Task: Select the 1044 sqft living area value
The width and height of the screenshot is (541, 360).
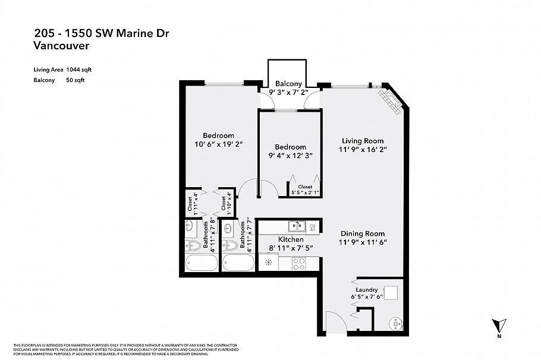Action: pos(79,70)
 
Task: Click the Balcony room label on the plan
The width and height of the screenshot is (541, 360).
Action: pos(288,84)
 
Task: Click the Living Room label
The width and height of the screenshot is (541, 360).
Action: pos(363,141)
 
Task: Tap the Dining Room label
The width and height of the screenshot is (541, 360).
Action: pos(363,233)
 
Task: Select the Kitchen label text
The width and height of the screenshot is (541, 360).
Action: pos(290,239)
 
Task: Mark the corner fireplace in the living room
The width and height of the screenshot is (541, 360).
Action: pos(391,102)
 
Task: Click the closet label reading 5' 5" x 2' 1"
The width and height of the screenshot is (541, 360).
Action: pos(304,192)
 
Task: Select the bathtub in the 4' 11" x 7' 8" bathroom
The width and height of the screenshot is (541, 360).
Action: pos(196,263)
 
